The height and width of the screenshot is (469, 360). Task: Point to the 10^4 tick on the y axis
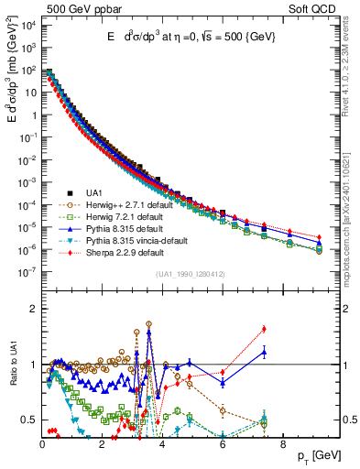[x=27, y=26]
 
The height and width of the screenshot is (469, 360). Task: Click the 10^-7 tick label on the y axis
[x=27, y=271]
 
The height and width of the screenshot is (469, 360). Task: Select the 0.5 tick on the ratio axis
[x=29, y=420]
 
